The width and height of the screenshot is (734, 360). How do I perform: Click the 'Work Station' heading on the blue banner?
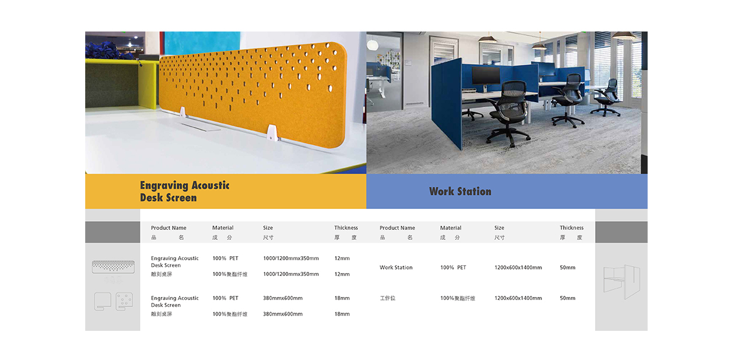[x=460, y=191]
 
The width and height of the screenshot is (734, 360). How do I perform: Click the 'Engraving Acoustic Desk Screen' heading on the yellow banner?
[x=184, y=191]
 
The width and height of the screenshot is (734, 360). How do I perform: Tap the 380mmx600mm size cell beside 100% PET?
[x=283, y=298]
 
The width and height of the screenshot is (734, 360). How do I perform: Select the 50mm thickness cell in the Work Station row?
[x=568, y=267]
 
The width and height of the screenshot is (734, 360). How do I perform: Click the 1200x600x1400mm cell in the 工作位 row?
[x=518, y=298]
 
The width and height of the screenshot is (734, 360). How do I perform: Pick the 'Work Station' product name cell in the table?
[x=396, y=267]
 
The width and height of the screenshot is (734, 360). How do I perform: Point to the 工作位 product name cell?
[x=387, y=298]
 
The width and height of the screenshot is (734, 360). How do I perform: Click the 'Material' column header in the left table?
[x=223, y=228]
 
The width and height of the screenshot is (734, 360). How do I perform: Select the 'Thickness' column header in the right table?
[x=571, y=228]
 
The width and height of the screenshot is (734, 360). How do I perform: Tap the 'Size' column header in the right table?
[x=499, y=228]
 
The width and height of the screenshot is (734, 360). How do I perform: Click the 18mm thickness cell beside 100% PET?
[x=342, y=298]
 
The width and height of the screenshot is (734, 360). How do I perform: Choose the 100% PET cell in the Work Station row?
[x=453, y=267]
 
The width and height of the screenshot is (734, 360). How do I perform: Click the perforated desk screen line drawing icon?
[x=113, y=267]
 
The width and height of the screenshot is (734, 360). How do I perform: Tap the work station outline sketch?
[x=621, y=282]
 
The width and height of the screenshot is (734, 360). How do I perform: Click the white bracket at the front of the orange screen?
[x=272, y=132]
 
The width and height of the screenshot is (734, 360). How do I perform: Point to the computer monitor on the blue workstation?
[x=485, y=76]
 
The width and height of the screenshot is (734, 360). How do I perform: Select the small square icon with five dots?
[x=124, y=302]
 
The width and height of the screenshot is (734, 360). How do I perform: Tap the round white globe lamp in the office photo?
[x=373, y=44]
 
